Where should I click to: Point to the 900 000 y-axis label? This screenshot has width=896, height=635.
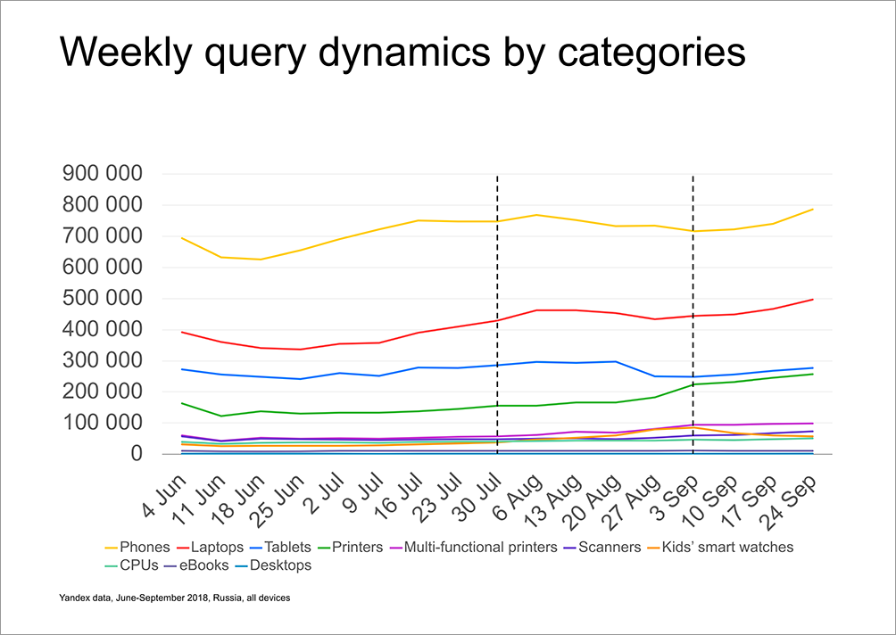(99, 174)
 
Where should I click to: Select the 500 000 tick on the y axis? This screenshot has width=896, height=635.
(99, 299)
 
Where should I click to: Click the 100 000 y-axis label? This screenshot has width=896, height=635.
(99, 423)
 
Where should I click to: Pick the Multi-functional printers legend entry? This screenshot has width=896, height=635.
(480, 547)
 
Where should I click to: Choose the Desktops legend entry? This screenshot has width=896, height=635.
(280, 565)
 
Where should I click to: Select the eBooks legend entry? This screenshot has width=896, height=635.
(204, 565)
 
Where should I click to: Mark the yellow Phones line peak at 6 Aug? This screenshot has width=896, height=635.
(535, 215)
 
